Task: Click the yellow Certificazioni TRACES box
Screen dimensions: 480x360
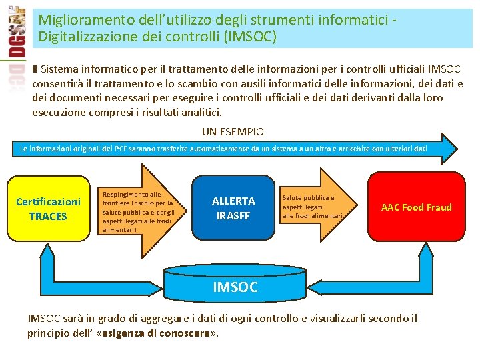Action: click(x=48, y=208)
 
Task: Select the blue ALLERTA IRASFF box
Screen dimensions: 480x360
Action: click(x=233, y=208)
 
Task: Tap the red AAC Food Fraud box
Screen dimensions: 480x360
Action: click(x=416, y=207)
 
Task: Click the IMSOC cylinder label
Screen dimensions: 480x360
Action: click(x=235, y=287)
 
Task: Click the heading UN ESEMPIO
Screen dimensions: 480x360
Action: click(x=233, y=132)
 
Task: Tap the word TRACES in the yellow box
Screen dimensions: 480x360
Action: click(x=48, y=216)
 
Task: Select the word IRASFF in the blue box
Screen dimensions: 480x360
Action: click(x=233, y=215)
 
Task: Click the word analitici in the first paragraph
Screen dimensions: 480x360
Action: click(x=201, y=112)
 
